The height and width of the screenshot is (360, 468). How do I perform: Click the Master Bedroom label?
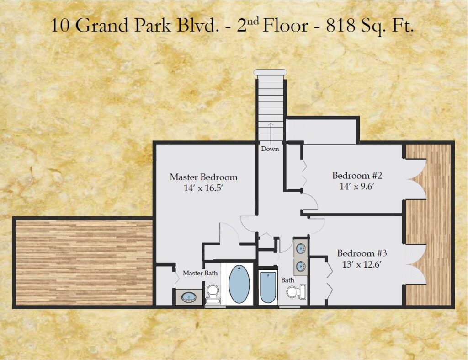tap(203, 177)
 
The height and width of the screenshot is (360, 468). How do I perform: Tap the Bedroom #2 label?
tap(357, 175)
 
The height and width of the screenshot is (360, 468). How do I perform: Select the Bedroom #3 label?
tap(362, 253)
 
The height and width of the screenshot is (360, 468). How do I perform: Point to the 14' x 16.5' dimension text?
tap(203, 188)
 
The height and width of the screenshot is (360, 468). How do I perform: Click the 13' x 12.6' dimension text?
tap(362, 264)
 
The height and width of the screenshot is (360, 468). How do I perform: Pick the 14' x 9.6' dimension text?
tap(357, 187)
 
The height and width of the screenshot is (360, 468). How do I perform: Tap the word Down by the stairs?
tap(270, 149)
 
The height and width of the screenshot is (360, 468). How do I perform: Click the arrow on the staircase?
tap(271, 134)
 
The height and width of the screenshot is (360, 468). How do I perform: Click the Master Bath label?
tap(200, 273)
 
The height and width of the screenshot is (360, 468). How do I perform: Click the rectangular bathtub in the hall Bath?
tap(268, 287)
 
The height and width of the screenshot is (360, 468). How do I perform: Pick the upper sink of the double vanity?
tap(300, 248)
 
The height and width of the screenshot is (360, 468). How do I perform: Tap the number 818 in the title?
tap(340, 25)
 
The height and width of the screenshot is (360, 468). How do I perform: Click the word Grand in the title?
tap(102, 25)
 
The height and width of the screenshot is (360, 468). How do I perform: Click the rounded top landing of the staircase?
tap(270, 72)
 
